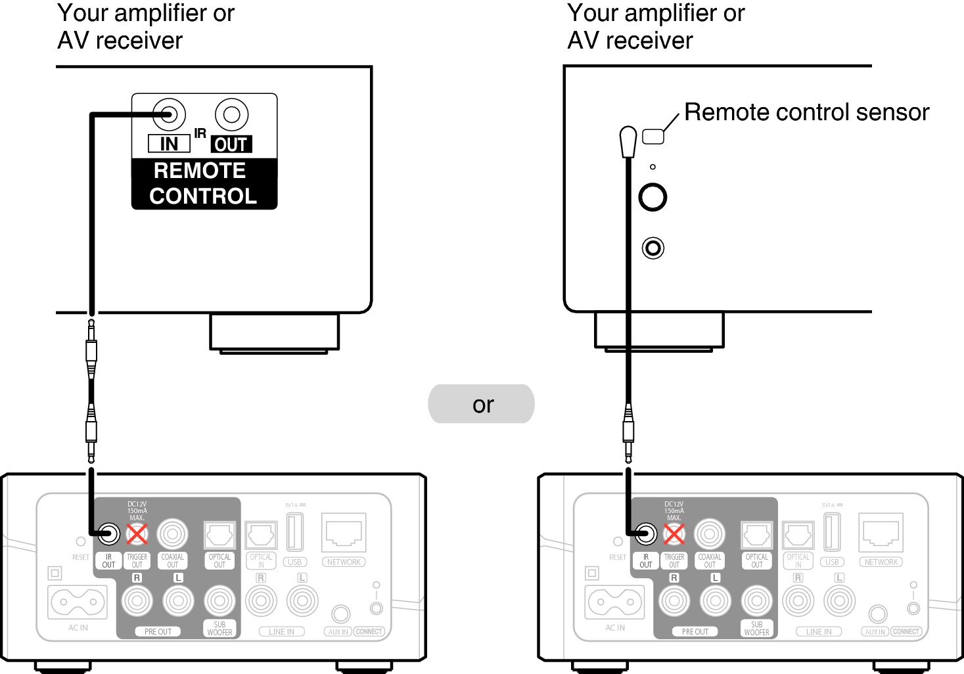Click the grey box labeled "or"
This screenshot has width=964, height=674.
481,404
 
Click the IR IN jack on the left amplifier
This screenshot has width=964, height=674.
169,114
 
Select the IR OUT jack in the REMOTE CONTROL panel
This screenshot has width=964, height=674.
231,114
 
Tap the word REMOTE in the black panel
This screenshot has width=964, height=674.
200,171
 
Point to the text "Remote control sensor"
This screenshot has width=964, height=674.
806,112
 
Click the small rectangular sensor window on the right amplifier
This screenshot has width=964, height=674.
653,136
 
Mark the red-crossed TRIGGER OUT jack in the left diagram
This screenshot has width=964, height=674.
137,533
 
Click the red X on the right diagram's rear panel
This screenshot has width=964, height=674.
674,533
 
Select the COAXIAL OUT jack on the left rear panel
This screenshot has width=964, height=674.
172,534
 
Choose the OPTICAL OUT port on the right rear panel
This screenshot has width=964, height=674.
756,535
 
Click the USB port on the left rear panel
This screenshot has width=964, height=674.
295,531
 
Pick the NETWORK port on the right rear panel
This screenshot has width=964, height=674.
881,533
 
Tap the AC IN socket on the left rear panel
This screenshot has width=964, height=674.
78,602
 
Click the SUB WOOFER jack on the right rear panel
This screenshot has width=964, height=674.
757,600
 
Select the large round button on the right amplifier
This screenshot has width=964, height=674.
653,196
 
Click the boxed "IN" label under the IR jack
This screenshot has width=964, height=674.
169,143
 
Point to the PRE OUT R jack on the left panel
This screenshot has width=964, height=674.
137,600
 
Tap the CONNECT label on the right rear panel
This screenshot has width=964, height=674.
906,631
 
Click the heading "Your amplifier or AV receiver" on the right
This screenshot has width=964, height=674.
655,26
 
